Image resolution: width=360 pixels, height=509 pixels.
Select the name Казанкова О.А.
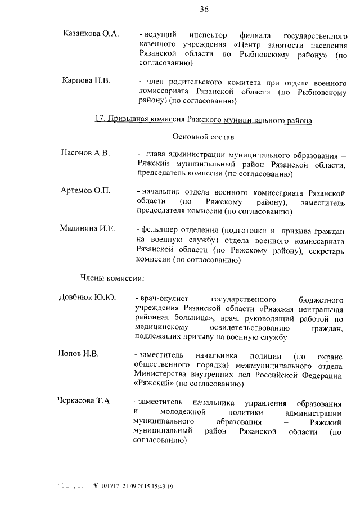tap(91, 34)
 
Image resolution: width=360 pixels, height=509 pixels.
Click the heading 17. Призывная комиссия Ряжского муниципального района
tap(204, 120)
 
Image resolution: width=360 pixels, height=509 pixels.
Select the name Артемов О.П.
tap(84, 190)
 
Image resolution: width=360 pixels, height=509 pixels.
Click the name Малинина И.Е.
tap(87, 228)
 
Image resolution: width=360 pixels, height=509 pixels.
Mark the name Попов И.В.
tap(78, 354)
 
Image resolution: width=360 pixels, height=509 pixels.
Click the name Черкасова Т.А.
tap(85, 401)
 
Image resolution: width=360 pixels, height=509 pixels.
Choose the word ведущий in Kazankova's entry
tap(162, 35)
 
